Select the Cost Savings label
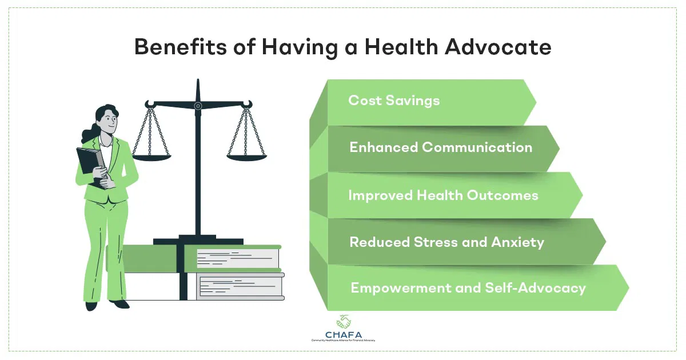(x=394, y=101)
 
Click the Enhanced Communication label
(x=441, y=147)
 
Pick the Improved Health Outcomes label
(x=443, y=195)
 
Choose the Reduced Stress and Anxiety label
(x=446, y=242)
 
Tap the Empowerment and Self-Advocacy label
(x=468, y=287)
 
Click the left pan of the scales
(x=151, y=158)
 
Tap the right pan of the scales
(x=246, y=158)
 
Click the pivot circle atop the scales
(x=198, y=106)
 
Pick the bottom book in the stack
(x=240, y=286)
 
